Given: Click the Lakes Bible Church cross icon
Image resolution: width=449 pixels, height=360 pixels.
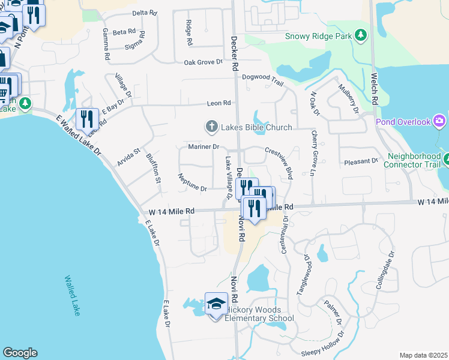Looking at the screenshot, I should [211, 127].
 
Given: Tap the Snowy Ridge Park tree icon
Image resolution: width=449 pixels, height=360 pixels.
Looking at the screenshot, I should [360, 36].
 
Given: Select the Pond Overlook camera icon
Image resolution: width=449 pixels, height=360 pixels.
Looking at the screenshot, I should [440, 122].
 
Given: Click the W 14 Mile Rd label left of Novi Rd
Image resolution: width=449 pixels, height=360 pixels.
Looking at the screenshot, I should [172, 211].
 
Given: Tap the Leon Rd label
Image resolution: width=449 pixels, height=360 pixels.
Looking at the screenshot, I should [218, 103].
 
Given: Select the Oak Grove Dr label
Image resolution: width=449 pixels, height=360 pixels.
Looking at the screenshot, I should [203, 62].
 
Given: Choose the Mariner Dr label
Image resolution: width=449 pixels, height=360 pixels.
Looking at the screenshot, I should [203, 146].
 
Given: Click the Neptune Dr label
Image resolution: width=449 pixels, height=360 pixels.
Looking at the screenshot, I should [192, 182].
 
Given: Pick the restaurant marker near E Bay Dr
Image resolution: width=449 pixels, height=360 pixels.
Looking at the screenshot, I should [87, 119].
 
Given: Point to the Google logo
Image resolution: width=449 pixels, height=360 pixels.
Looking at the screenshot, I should [20, 353].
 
